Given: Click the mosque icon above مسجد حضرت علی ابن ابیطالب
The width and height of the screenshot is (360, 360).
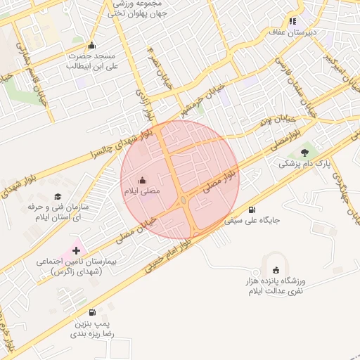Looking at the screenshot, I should tap(91, 46).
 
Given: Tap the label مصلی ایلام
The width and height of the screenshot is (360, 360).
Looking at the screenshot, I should tap(142, 191).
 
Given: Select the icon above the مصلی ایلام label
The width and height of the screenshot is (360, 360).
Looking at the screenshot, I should tap(143, 179).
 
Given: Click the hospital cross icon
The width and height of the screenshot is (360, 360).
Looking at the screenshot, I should tap(76, 250).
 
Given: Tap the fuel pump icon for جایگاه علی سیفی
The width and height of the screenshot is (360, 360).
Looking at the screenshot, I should tap(252, 210).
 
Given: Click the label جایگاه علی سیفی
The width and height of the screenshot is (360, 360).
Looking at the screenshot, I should tap(252, 220).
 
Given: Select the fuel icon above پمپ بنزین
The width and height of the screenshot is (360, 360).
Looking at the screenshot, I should tap(92, 312).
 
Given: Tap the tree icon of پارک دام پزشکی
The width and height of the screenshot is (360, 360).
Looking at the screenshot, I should tap(304, 152).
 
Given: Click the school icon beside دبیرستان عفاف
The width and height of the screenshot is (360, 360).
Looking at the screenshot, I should tap(292, 21).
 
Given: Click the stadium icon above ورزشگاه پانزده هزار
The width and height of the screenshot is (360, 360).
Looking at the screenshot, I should tap(276, 270).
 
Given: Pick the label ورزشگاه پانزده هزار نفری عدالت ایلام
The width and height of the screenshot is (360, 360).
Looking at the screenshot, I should tap(276, 286).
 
